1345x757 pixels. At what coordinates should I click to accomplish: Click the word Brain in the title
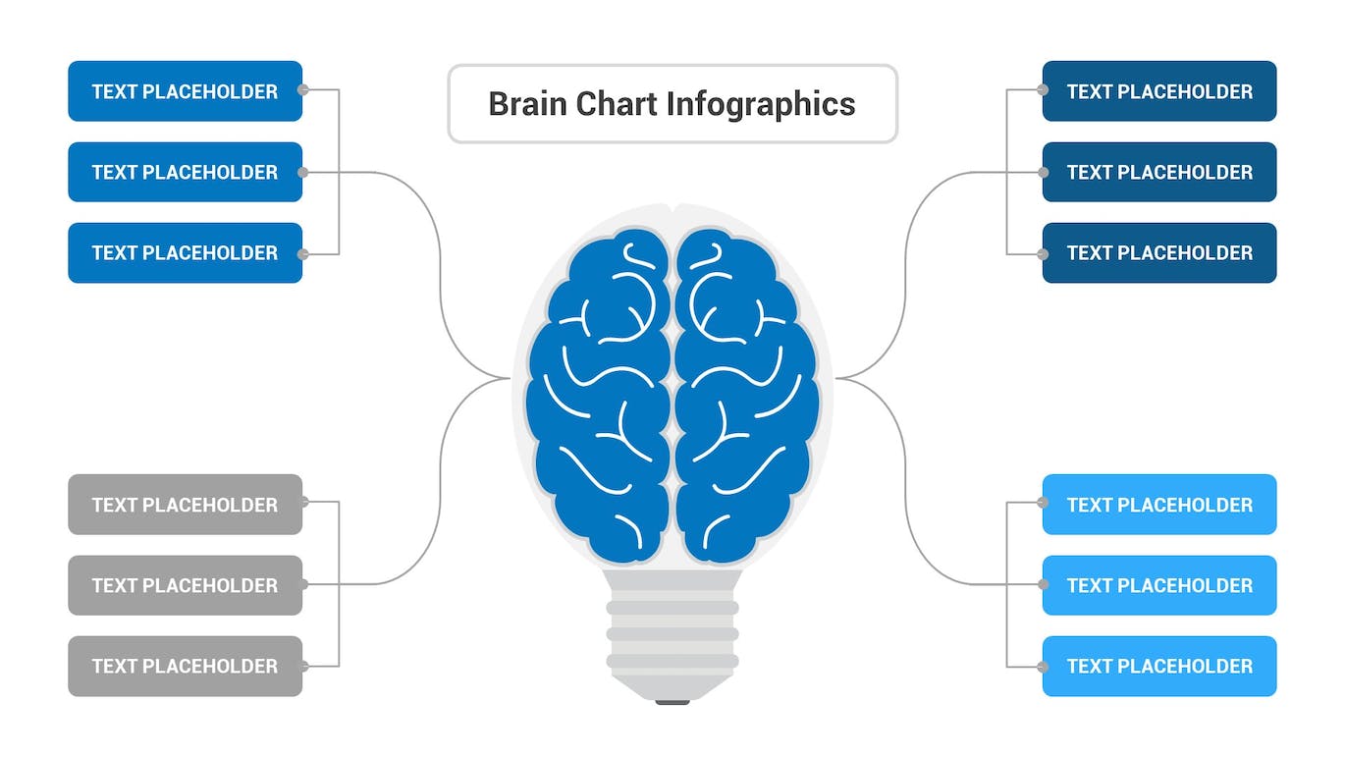527,104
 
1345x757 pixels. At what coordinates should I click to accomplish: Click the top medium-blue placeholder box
185,91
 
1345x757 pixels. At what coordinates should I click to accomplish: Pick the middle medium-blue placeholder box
185,172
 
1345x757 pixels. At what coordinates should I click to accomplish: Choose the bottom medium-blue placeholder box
185,252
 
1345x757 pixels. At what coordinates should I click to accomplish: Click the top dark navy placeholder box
1159,91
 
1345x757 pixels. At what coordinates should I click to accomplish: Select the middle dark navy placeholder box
1159,172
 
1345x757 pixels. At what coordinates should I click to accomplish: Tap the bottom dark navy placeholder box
1159,252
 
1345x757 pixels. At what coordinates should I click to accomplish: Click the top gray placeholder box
185,505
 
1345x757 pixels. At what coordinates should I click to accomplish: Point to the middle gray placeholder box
185,585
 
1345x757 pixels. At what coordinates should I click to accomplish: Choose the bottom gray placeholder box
185,666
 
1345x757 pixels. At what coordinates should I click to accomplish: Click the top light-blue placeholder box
1159,505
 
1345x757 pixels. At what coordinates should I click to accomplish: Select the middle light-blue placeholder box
1159,585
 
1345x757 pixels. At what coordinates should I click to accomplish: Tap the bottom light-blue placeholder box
1159,666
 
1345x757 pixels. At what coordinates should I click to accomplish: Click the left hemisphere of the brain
599,393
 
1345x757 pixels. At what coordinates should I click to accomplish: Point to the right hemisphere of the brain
746,393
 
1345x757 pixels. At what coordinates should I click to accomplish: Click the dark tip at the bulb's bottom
672,702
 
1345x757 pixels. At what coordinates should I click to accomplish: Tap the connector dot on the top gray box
303,502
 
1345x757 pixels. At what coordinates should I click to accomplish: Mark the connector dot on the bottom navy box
1042,253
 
